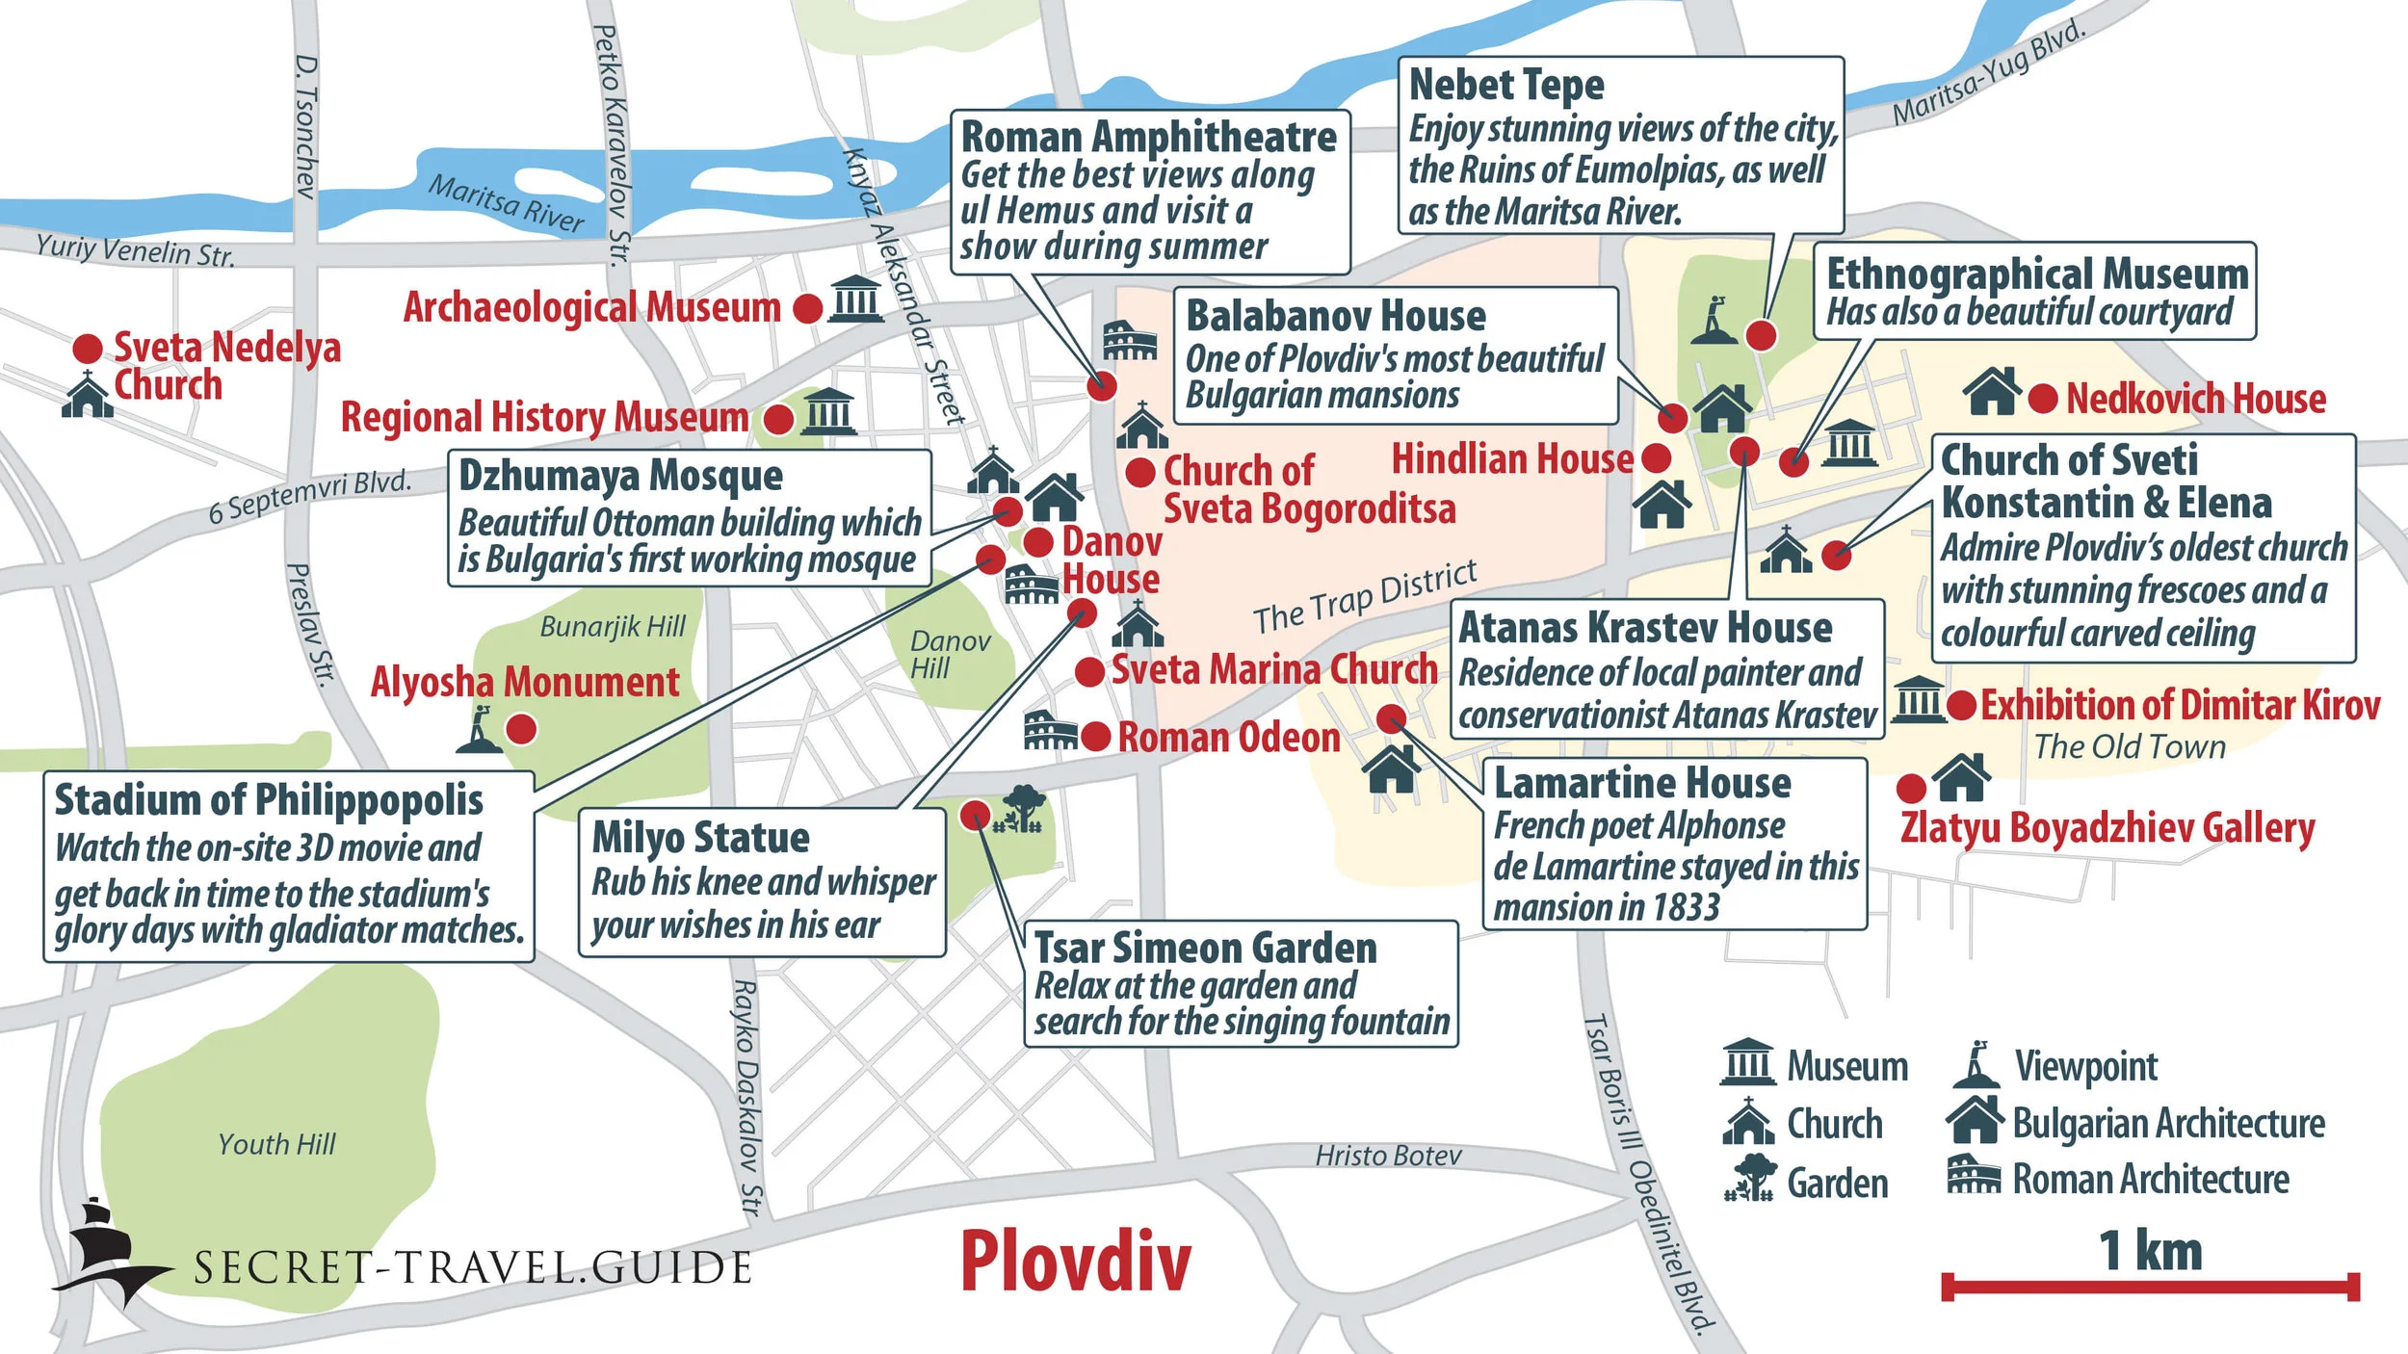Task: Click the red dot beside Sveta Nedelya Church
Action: [88, 349]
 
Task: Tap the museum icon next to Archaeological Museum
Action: [855, 299]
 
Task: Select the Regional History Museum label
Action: [544, 418]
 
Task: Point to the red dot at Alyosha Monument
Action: [521, 729]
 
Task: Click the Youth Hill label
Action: [276, 1144]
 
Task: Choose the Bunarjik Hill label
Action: [613, 627]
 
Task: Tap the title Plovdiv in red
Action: [1075, 1262]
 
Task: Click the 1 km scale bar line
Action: [2150, 1286]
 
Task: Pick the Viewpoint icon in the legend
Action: [1976, 1064]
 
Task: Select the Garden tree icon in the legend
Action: [1749, 1178]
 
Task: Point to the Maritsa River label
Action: [507, 203]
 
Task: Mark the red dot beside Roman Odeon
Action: [1095, 738]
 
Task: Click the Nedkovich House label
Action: [2195, 399]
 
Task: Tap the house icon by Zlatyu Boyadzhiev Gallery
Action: [1961, 778]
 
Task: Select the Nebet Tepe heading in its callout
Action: [1506, 85]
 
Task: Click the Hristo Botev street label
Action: [1388, 1156]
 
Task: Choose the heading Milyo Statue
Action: [700, 837]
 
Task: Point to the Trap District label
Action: [1364, 599]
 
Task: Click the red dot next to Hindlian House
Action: [1656, 458]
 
